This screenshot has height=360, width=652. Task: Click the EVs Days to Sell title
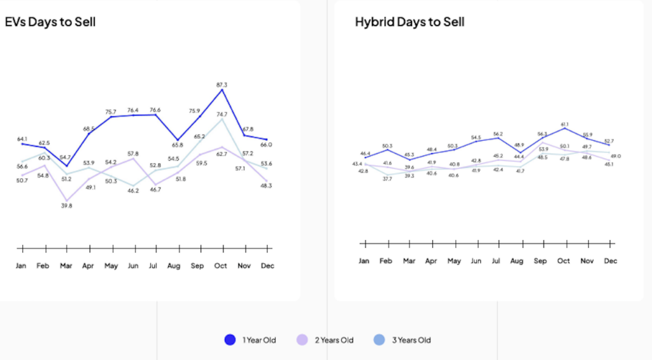(50, 22)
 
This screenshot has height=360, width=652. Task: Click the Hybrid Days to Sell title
(409, 22)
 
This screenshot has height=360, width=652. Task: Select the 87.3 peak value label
(222, 85)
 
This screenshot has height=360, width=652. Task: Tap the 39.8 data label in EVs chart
(66, 206)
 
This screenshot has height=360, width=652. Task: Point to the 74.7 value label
(222, 115)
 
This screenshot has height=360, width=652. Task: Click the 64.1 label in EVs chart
(22, 139)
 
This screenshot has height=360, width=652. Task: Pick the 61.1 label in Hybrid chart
(563, 124)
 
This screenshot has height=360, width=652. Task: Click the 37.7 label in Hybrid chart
(387, 179)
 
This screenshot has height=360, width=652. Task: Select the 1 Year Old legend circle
(230, 340)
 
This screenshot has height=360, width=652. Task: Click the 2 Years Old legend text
(334, 340)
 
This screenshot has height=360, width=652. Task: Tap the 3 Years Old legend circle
(379, 340)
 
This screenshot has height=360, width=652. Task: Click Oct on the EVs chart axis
(220, 266)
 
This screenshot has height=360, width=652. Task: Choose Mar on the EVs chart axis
(66, 266)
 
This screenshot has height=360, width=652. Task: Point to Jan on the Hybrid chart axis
(364, 261)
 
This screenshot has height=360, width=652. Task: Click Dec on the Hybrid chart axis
(610, 261)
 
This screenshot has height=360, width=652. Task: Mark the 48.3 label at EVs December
(267, 185)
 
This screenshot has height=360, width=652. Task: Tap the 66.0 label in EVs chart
(267, 145)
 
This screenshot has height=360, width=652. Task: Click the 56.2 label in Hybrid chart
(499, 134)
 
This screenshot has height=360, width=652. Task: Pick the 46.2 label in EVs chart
(132, 191)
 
